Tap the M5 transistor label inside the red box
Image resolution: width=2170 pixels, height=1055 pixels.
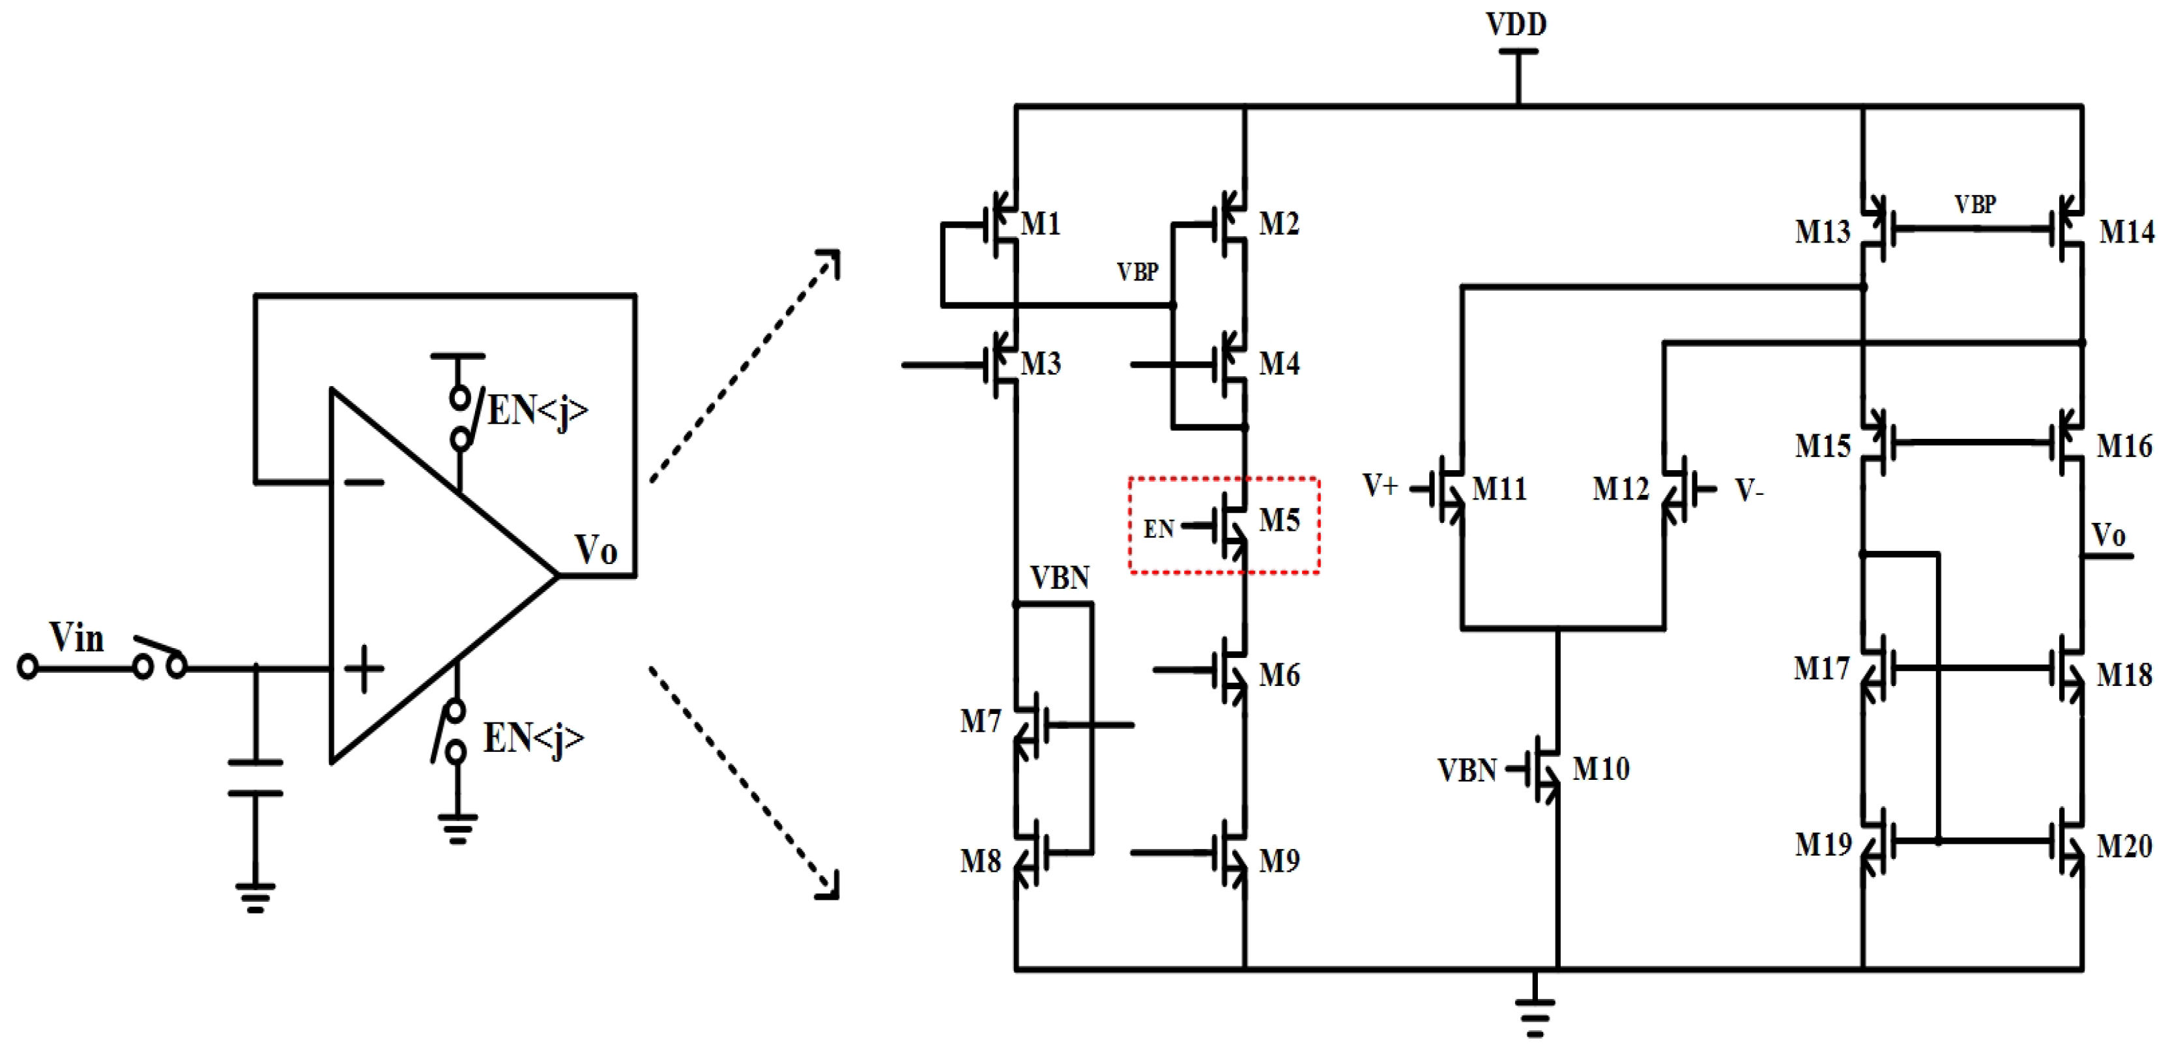[1279, 521]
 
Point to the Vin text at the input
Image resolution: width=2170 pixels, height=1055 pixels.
[77, 638]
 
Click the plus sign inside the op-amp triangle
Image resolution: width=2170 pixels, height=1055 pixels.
[364, 669]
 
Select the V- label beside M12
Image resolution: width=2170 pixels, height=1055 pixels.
[1749, 490]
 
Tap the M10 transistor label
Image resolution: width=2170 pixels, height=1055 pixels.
[1600, 769]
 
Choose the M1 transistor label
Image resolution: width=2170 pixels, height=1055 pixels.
[1040, 224]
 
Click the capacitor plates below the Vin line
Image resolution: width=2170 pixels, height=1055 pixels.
[255, 778]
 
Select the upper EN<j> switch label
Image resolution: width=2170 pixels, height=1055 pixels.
[536, 411]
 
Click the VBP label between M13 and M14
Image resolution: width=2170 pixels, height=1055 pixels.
[1975, 205]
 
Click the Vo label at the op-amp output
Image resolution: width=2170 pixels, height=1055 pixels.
[596, 550]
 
